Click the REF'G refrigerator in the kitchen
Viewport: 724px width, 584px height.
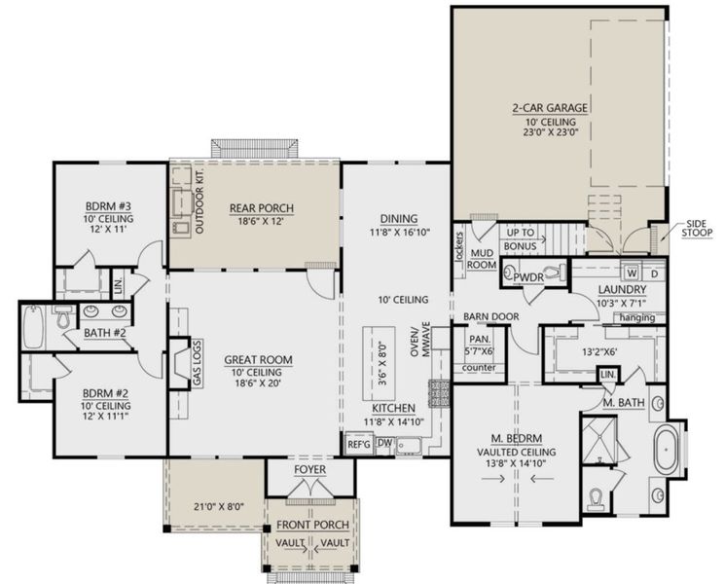click(x=359, y=444)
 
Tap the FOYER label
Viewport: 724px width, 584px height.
click(x=309, y=470)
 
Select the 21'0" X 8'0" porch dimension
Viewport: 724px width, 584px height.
click(x=213, y=505)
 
